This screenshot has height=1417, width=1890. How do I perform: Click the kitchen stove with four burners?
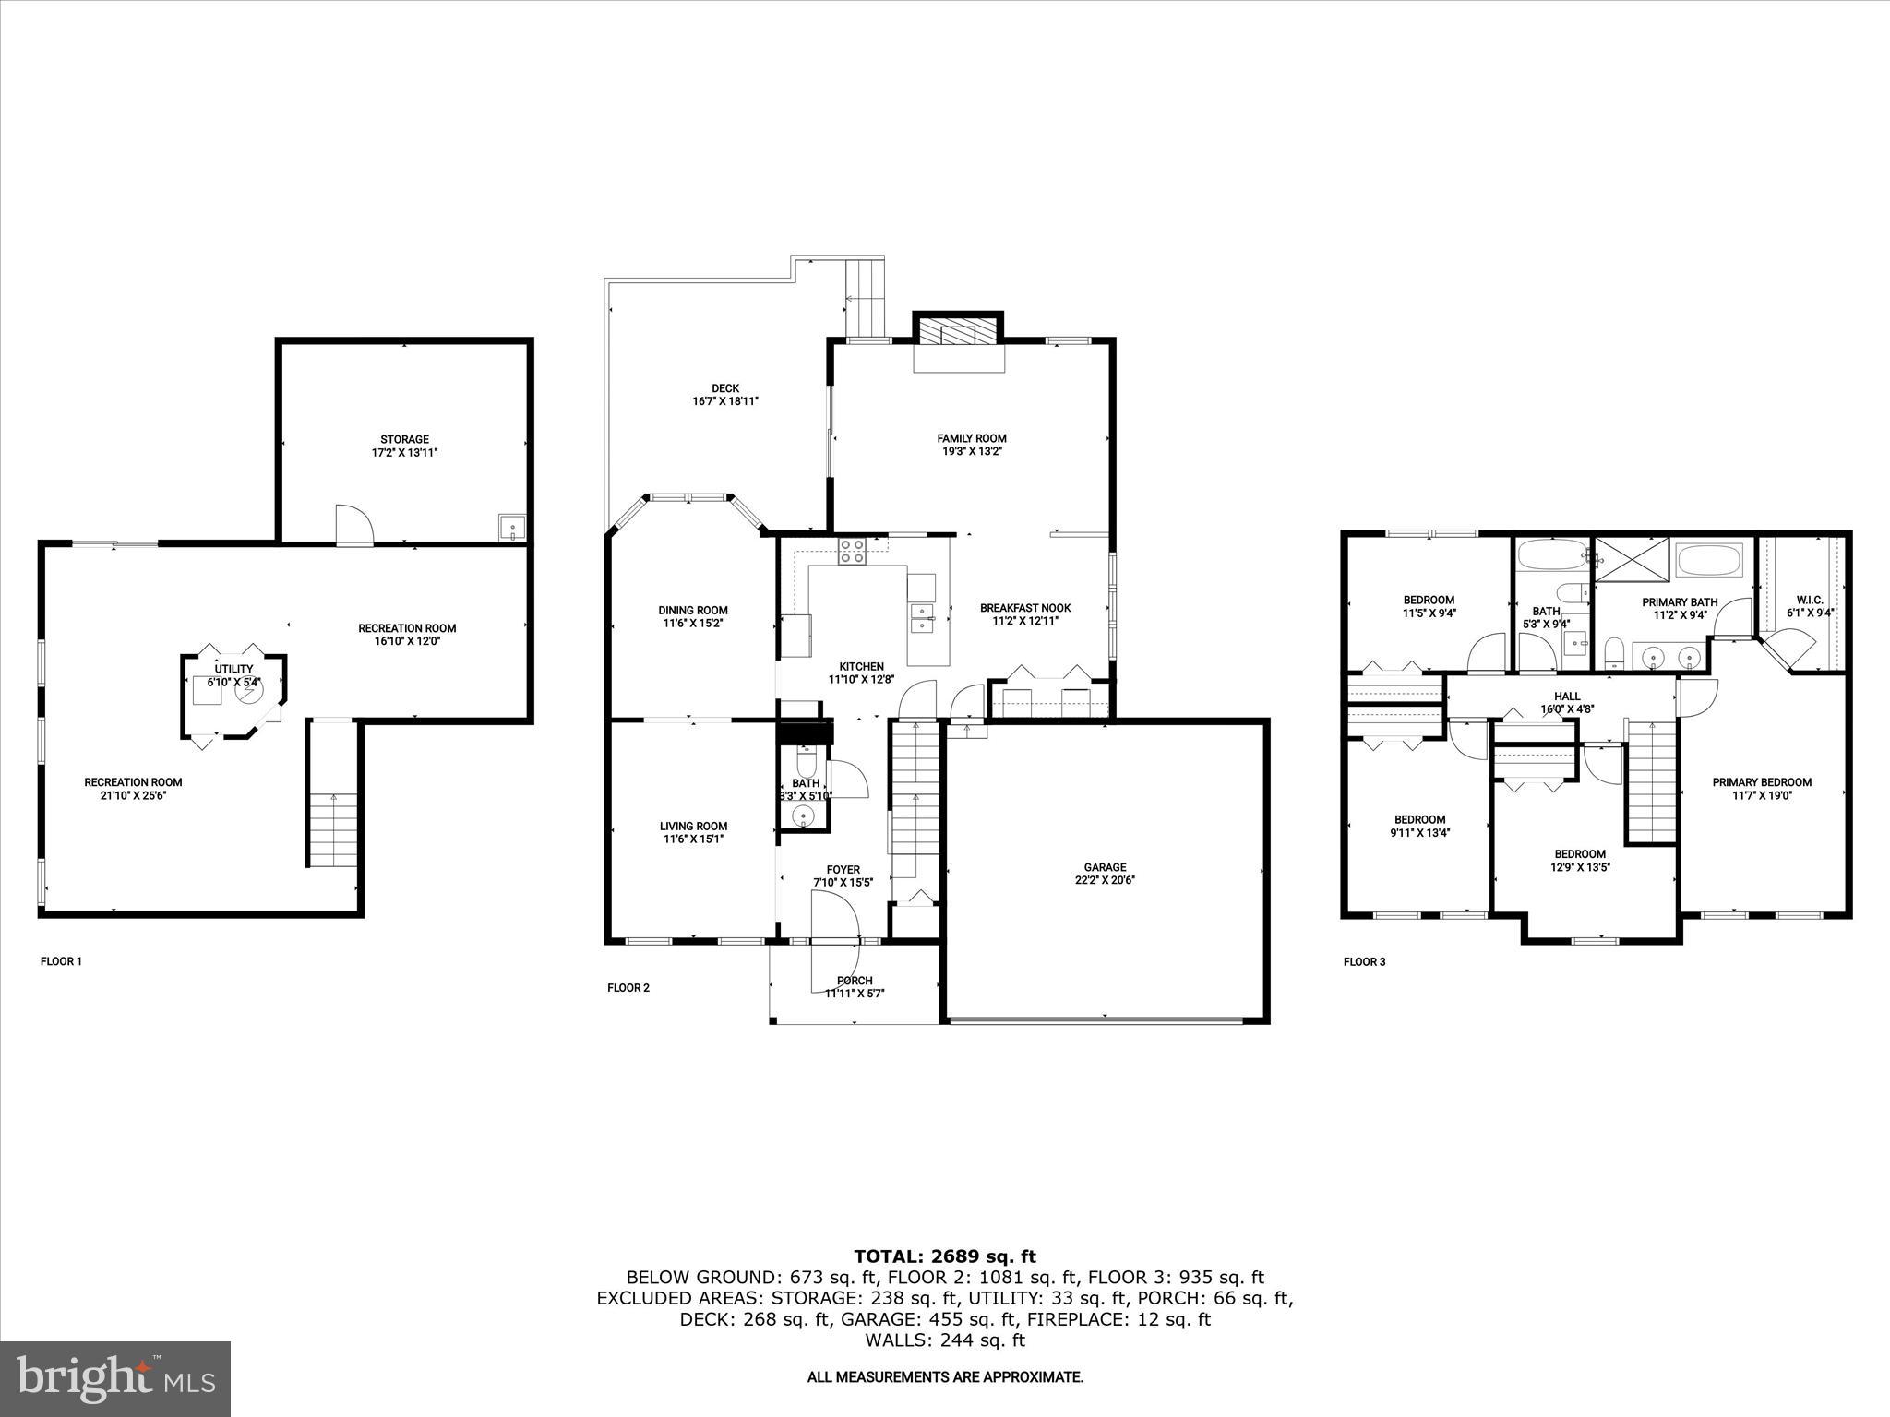pos(852,551)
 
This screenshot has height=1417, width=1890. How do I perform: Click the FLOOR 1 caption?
pos(61,961)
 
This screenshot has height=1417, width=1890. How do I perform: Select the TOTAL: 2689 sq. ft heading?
pos(944,1256)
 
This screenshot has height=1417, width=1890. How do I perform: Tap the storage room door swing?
pos(353,525)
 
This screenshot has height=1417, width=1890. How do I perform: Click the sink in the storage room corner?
pos(511,527)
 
